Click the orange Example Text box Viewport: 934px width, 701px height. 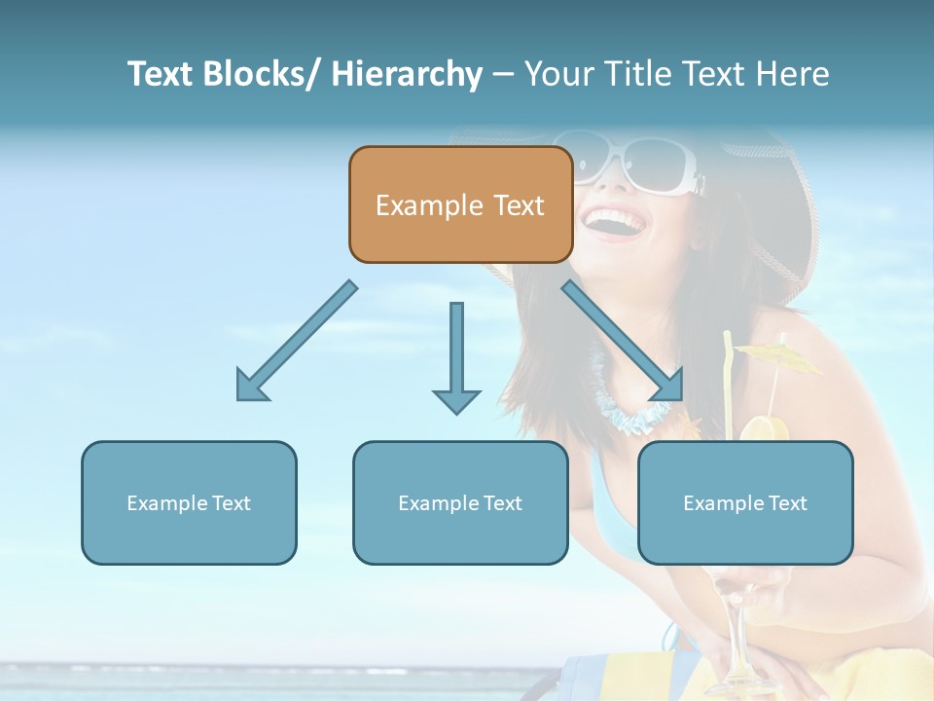coord(460,204)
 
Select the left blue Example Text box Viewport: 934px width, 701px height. coord(189,502)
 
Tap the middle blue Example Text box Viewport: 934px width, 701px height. coord(460,502)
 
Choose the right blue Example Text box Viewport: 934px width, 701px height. coord(745,502)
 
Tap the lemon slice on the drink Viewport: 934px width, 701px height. coord(766,428)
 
